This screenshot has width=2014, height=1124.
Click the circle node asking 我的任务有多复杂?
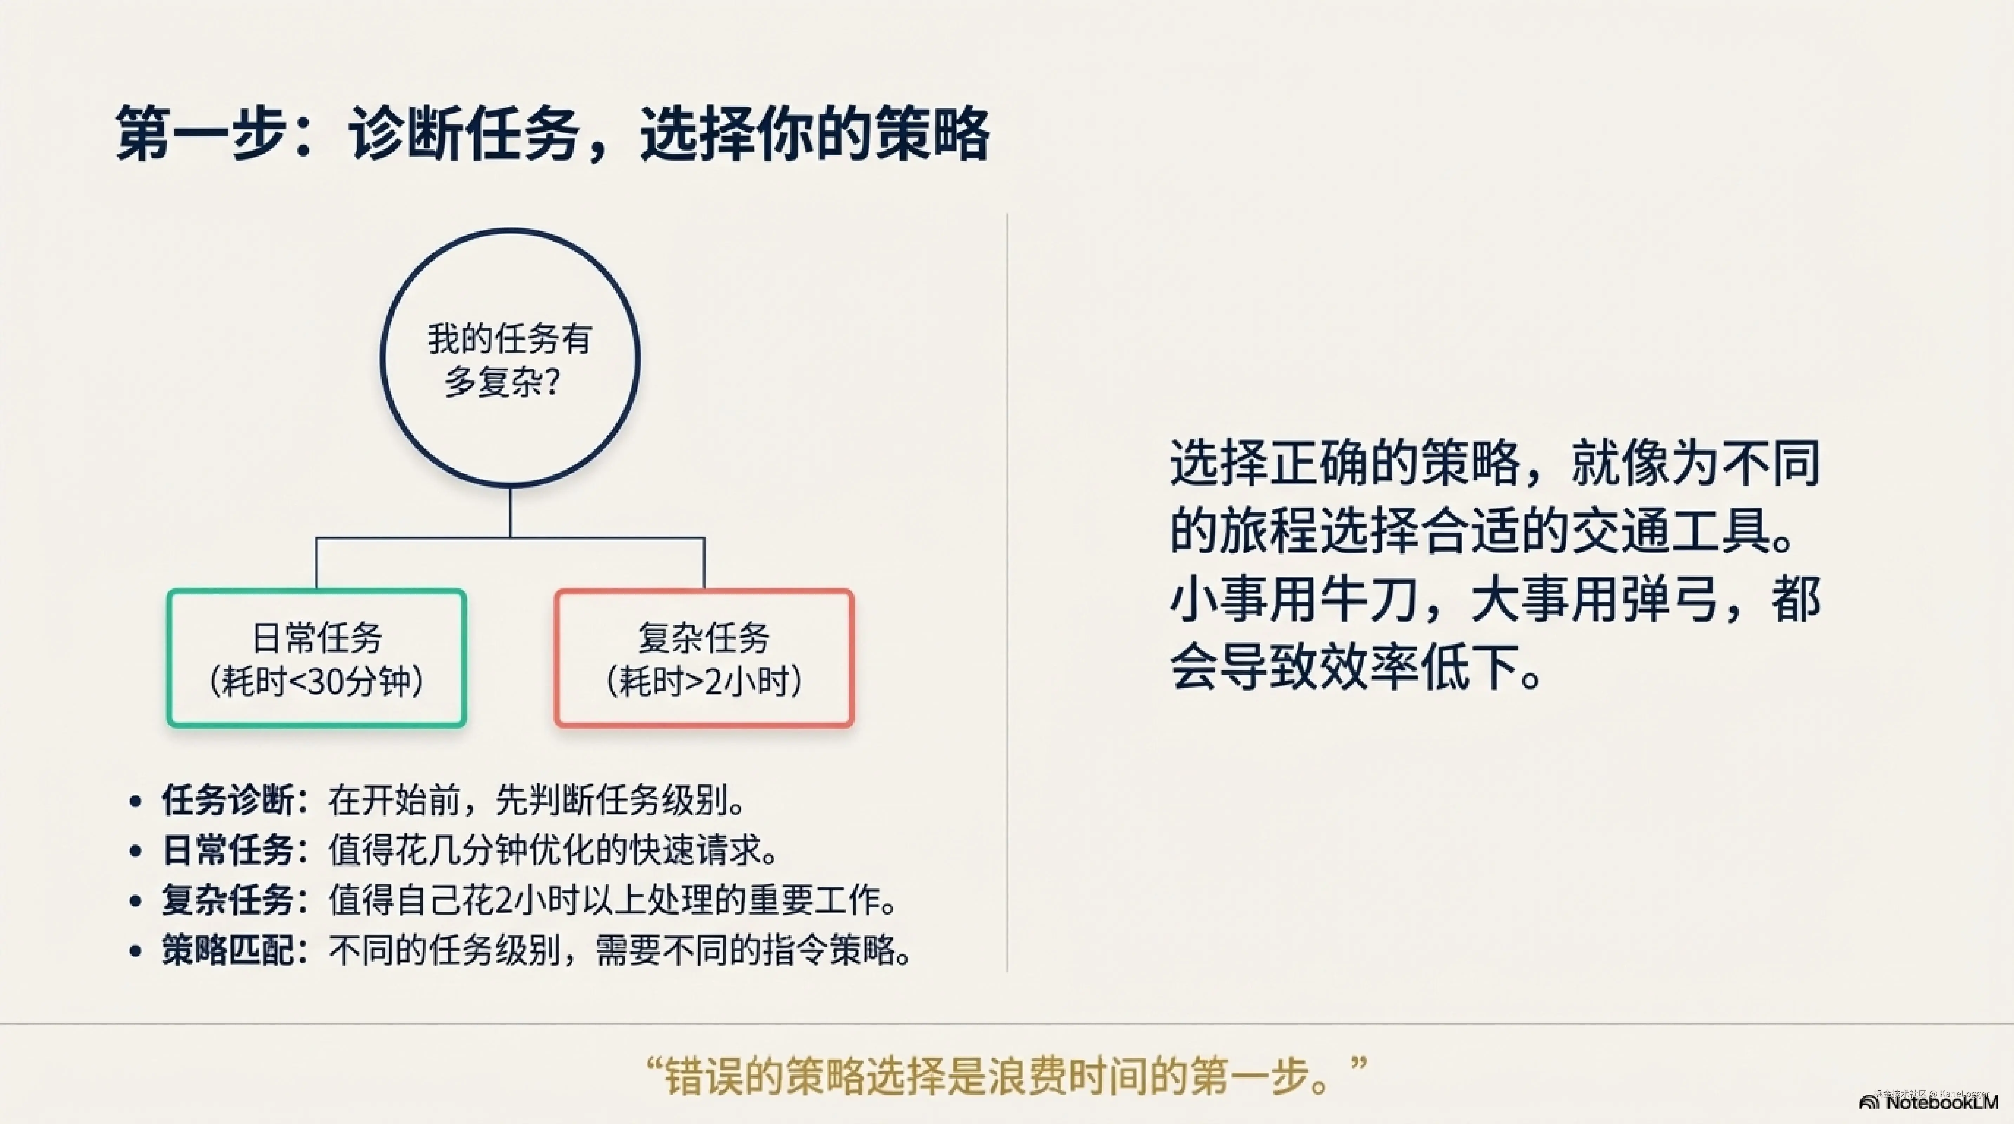click(510, 358)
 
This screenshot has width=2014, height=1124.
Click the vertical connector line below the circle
click(510, 512)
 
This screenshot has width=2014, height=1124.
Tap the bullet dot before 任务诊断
click(136, 800)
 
